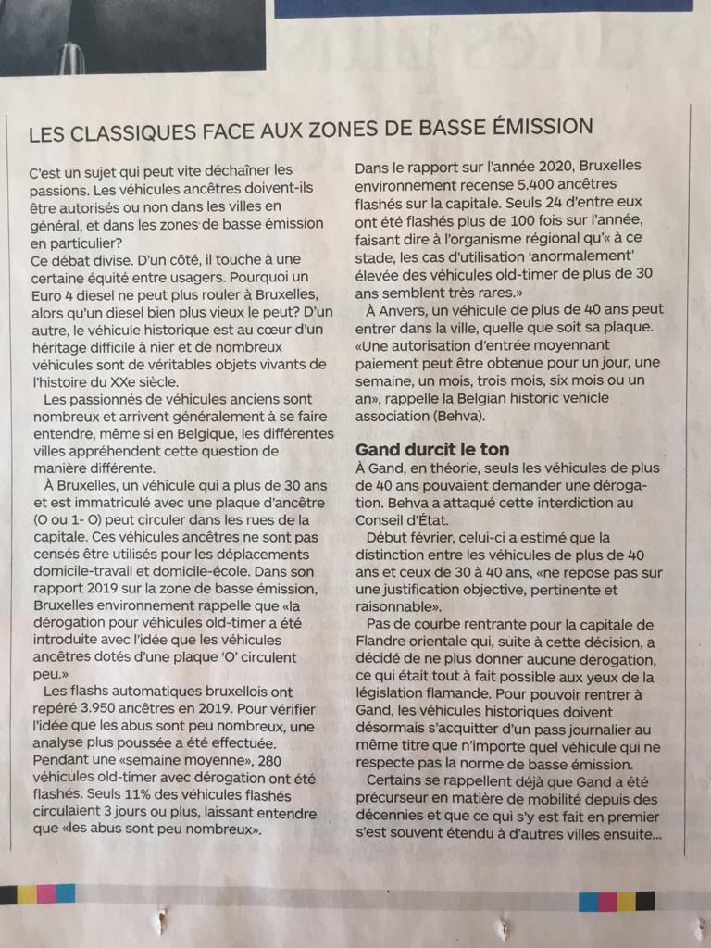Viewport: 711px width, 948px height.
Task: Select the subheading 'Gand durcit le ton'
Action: pyautogui.click(x=432, y=449)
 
